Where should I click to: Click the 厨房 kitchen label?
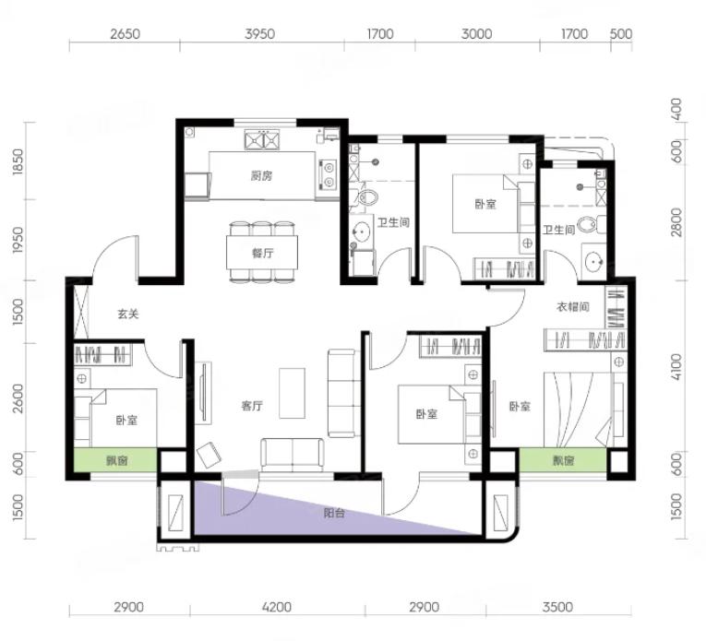point(261,175)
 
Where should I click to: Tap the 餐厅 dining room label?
point(262,253)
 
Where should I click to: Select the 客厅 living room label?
point(252,406)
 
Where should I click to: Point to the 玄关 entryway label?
point(128,314)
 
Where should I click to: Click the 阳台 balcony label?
point(334,513)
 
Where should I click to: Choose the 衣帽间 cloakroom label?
point(573,307)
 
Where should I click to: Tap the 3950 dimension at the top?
point(260,34)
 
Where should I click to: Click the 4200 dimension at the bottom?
point(277,607)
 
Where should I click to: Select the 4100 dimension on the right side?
point(676,366)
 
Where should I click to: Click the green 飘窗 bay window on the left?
point(115,459)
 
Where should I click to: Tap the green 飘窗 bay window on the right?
point(563,459)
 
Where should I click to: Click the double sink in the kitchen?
point(261,139)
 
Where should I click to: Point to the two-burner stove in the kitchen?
point(329,174)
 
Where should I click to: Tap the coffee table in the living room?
point(292,393)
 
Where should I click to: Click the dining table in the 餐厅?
point(262,253)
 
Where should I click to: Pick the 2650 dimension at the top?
point(125,34)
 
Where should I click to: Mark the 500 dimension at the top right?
point(621,34)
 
